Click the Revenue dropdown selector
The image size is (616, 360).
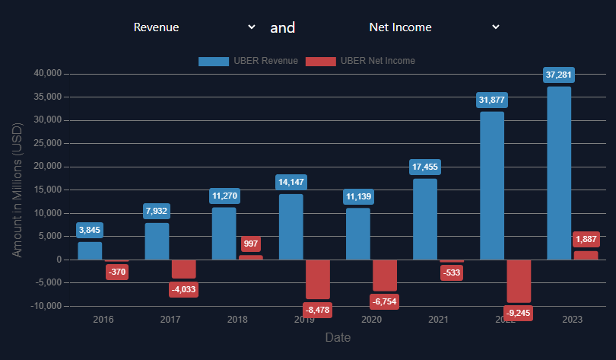point(194,27)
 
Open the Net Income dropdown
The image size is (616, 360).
point(433,27)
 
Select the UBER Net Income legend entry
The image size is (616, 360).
point(360,61)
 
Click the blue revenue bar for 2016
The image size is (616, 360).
point(90,250)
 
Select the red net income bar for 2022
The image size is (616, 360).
point(519,281)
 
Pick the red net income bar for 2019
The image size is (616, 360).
point(318,279)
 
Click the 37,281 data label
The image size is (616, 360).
point(559,75)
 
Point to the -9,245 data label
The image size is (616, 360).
point(519,312)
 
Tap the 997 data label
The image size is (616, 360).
point(251,244)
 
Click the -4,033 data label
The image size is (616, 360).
point(183,289)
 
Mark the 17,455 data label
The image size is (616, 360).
point(425,167)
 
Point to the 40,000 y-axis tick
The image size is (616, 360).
point(49,74)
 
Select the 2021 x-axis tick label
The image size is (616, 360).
point(438,320)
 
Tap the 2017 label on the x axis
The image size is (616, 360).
point(170,320)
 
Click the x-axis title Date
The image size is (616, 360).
point(338,337)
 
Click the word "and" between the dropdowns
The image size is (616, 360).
point(283,27)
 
